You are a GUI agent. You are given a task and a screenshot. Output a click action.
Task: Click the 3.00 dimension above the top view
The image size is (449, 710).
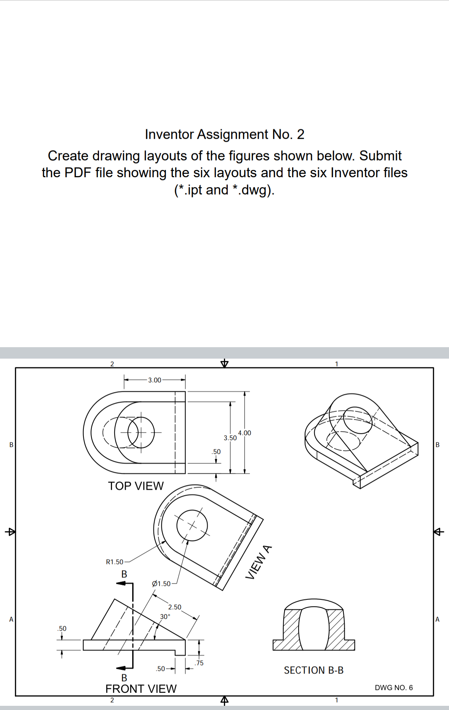(155, 380)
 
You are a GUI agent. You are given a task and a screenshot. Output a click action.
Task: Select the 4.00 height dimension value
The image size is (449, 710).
(244, 433)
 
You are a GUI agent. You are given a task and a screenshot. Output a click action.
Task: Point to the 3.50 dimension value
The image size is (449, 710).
(230, 438)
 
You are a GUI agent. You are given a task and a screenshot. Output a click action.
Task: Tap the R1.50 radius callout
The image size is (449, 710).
(114, 562)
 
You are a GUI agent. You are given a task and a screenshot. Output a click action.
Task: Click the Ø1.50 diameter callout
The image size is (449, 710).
(161, 583)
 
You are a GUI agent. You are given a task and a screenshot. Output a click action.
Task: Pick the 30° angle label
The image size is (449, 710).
(165, 616)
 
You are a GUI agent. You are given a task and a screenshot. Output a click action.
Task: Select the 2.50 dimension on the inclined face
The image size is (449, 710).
(175, 607)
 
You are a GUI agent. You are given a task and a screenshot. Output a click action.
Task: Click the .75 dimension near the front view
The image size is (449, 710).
(199, 663)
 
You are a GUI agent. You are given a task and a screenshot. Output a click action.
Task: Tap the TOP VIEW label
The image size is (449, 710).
(136, 486)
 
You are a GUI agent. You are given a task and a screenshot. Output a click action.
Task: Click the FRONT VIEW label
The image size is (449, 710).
(141, 689)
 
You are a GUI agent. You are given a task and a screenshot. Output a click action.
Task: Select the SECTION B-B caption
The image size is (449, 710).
(313, 670)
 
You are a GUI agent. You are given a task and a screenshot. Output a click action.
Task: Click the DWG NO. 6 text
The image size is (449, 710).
(393, 688)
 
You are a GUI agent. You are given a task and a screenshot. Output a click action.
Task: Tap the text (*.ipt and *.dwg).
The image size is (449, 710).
(224, 189)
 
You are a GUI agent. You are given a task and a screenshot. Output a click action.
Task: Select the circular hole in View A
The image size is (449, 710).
(192, 526)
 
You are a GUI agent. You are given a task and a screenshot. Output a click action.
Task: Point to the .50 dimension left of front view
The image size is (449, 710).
(61, 628)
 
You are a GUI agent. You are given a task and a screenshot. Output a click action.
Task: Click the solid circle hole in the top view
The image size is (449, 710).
(141, 433)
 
